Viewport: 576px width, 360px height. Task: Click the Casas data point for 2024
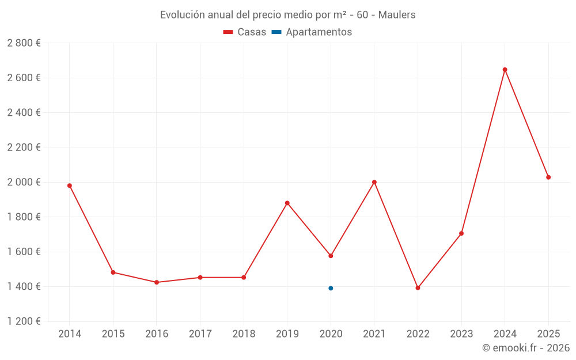(505, 70)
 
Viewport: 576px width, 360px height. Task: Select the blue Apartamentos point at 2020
(331, 288)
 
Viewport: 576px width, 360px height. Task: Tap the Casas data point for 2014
(70, 185)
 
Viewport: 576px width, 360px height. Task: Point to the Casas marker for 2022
(418, 288)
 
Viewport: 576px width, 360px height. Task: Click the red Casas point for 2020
(331, 256)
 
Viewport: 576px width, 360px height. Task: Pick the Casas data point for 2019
(287, 203)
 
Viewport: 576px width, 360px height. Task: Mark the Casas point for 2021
(374, 182)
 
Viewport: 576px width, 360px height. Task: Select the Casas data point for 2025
(548, 177)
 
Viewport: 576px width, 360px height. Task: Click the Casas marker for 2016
(157, 282)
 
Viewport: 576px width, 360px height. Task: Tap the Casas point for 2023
(461, 233)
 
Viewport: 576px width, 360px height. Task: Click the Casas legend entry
(245, 32)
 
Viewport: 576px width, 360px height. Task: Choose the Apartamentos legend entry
(312, 32)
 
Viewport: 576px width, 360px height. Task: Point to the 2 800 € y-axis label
(24, 43)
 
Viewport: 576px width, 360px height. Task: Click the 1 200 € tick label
(24, 321)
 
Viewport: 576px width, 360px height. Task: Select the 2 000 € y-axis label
(24, 182)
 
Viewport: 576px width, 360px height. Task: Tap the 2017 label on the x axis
(200, 334)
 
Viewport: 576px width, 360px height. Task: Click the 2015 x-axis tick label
(113, 334)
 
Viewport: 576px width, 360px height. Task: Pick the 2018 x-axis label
(244, 334)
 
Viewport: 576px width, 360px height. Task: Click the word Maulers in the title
(397, 15)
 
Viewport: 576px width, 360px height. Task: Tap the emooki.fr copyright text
(526, 348)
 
